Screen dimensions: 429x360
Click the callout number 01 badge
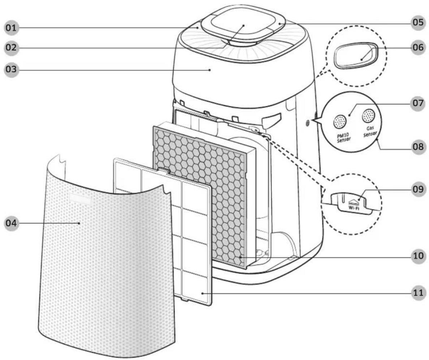[12, 27]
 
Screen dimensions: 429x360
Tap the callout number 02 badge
[12, 48]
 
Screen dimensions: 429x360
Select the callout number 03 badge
[12, 69]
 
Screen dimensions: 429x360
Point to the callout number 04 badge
[12, 223]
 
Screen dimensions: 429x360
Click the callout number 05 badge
[418, 22]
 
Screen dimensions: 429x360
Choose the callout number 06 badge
[418, 47]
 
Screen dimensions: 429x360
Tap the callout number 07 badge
[418, 103]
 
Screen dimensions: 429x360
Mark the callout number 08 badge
[418, 147]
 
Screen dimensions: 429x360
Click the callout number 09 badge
[418, 189]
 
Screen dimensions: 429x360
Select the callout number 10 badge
[418, 256]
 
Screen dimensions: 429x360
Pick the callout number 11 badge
[418, 293]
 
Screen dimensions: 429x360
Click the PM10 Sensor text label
[343, 138]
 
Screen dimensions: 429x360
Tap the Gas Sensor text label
[370, 132]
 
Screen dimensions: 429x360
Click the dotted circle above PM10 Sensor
[339, 121]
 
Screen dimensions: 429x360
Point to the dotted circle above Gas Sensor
[369, 116]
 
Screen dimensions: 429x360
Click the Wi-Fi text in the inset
[354, 208]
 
